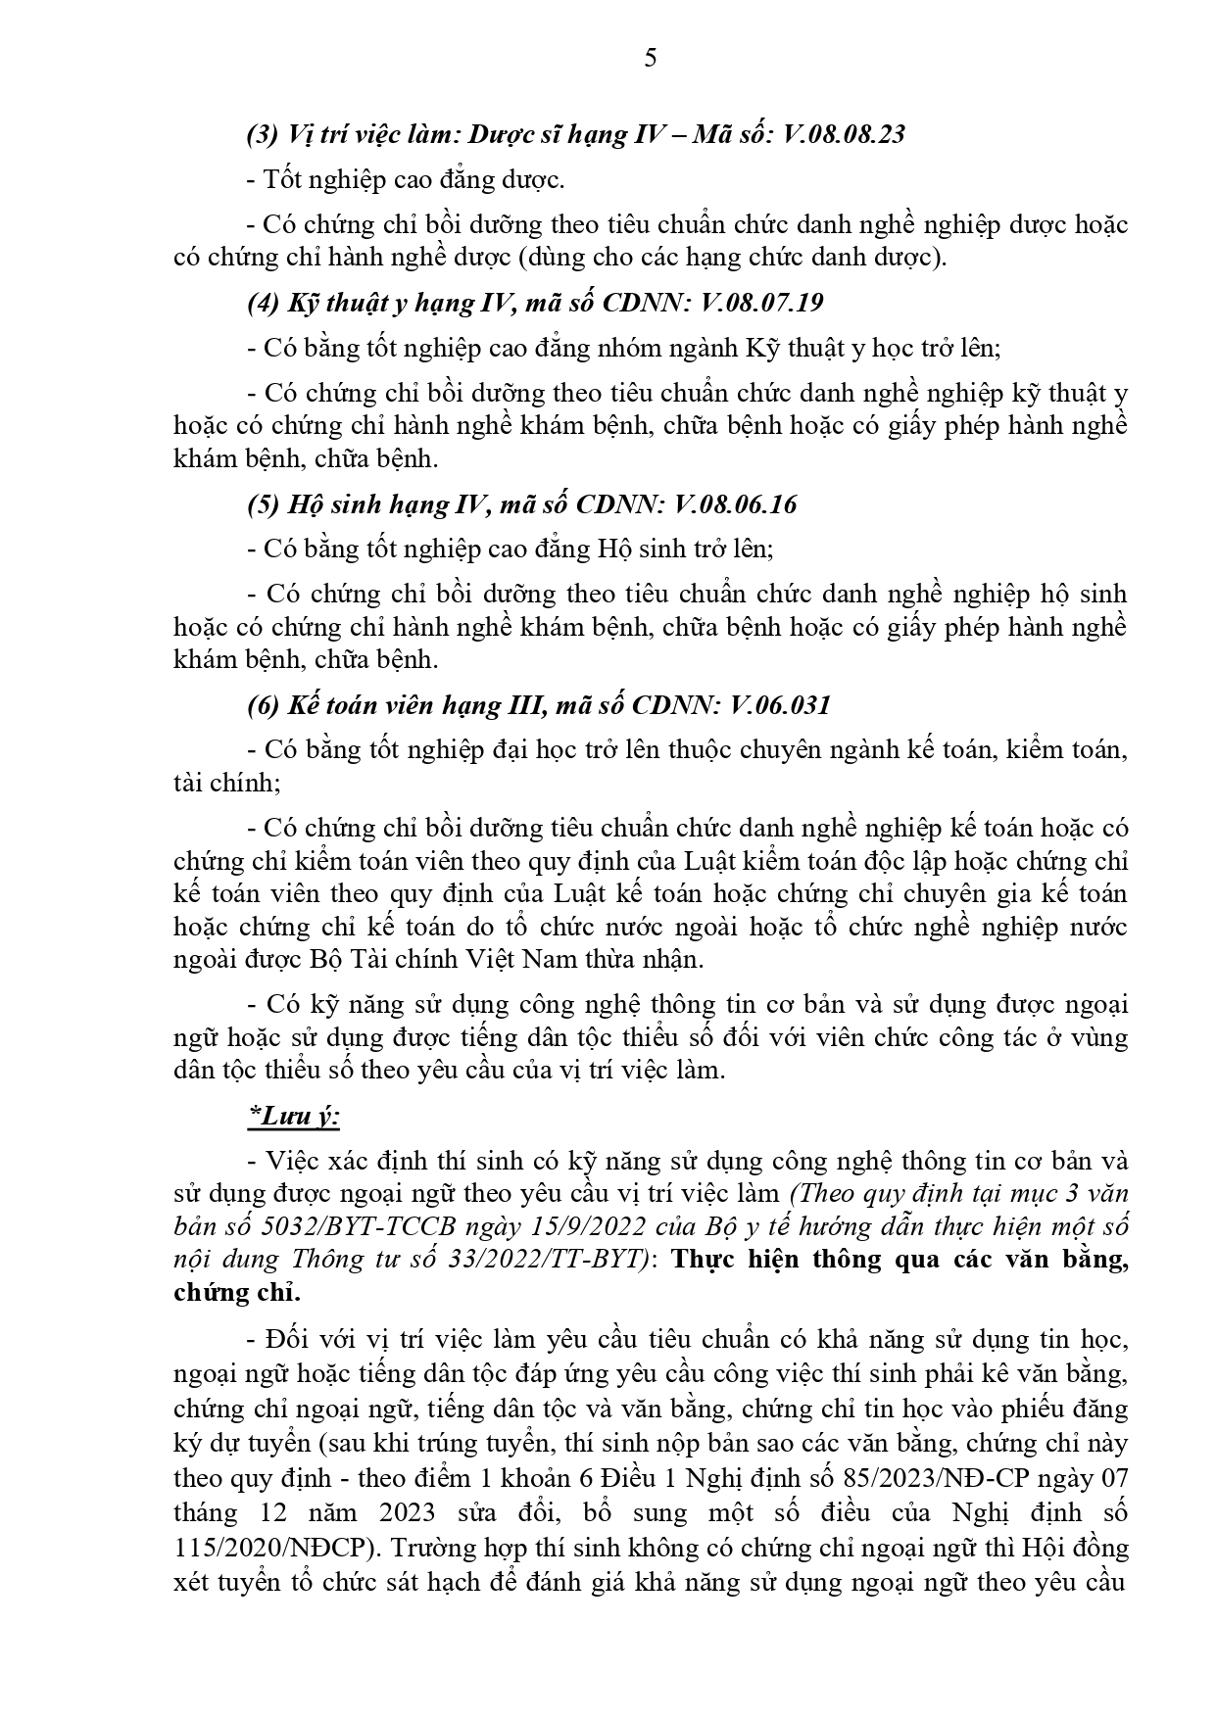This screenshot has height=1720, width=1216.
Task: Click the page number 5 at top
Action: (651, 59)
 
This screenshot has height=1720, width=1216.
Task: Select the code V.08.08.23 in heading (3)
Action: (845, 134)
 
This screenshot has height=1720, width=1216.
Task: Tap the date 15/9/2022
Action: (555, 1226)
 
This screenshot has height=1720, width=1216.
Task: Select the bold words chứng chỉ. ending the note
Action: (236, 1293)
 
